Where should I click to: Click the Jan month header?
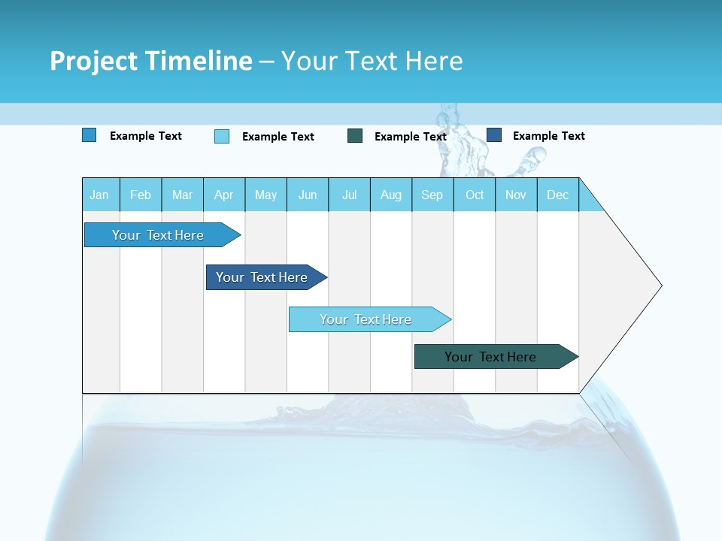click(99, 195)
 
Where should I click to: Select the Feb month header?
click(141, 195)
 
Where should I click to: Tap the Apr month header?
click(223, 195)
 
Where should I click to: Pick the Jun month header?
click(308, 195)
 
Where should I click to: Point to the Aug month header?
click(390, 195)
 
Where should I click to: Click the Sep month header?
click(432, 195)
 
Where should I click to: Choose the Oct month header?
click(475, 195)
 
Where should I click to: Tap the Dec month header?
click(557, 195)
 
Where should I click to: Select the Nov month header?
click(516, 195)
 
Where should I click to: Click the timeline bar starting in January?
click(158, 235)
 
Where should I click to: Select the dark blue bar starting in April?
click(262, 277)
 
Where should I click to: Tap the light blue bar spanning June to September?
click(366, 319)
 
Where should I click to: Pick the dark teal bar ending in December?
click(490, 357)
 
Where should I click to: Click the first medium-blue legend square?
click(89, 135)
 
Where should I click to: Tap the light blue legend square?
click(222, 136)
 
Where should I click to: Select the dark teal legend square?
click(355, 135)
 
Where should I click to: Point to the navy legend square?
click(494, 135)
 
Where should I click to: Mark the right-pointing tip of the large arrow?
click(660, 286)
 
